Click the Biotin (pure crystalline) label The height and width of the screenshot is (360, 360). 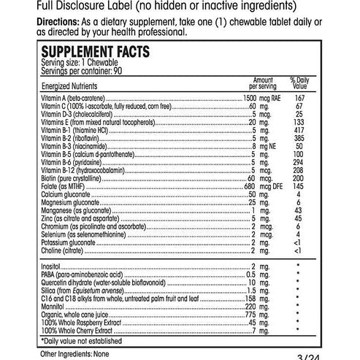pyautogui.click(x=71, y=177)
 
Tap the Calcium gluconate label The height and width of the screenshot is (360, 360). pyautogui.click(x=64, y=193)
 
